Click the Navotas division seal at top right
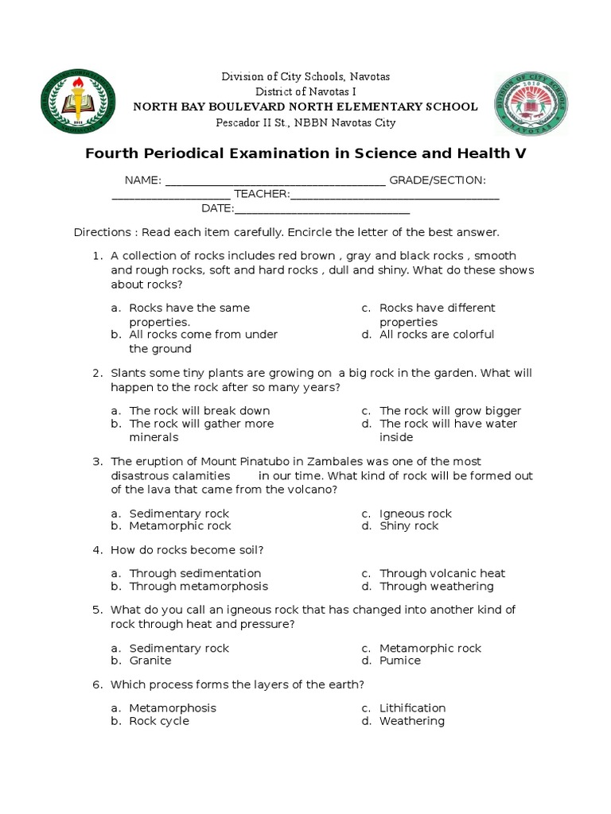[x=531, y=103]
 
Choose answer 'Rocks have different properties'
[x=437, y=315]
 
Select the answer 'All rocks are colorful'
[x=437, y=335]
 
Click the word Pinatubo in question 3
[x=267, y=462]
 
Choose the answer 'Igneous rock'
[x=415, y=514]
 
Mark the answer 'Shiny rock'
[x=409, y=526]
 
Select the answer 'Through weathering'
[x=436, y=587]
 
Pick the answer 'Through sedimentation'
[x=195, y=573]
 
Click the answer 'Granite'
[x=150, y=661]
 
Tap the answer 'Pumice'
[x=400, y=661]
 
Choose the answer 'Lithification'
[x=412, y=708]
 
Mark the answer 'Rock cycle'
[x=159, y=721]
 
